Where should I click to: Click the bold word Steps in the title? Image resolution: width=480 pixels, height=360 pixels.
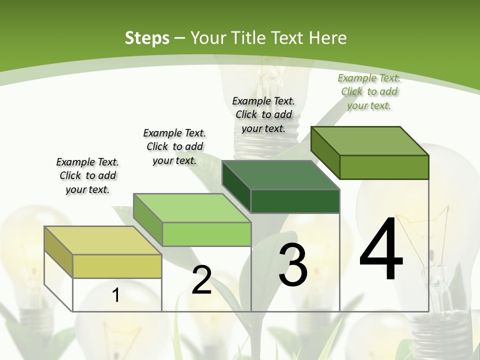pos(147,37)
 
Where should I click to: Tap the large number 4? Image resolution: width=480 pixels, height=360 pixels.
pos(381,250)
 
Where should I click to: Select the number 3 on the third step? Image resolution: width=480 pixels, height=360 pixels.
pos(293,265)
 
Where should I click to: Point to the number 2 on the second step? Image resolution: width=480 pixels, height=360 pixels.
pos(201,280)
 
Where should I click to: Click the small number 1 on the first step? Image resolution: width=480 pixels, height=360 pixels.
pos(115,295)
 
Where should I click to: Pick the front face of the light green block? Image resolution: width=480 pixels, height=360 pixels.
pos(206,234)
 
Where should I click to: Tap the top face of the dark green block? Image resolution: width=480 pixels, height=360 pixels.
pos(280,175)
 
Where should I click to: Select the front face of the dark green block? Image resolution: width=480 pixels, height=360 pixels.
pos(295,201)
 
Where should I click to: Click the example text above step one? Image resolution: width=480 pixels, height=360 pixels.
pos(87,175)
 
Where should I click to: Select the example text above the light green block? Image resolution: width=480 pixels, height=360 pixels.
pos(174,146)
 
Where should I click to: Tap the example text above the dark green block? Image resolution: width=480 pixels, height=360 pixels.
pos(263,114)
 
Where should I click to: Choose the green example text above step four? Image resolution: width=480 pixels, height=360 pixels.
pos(369,91)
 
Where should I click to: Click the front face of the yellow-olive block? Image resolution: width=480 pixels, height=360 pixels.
pos(117,266)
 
